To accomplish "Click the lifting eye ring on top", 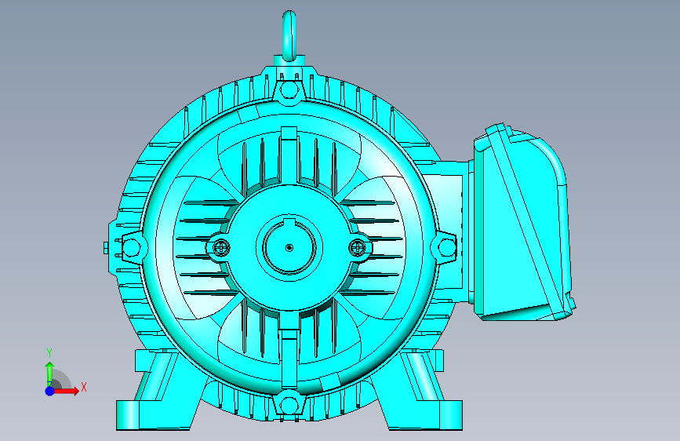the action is pyautogui.click(x=284, y=35).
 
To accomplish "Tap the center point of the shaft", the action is pyautogui.click(x=289, y=248).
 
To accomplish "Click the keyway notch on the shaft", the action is pyautogui.click(x=289, y=223).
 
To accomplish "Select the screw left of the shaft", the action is pyautogui.click(x=222, y=248).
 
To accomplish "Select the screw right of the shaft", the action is pyautogui.click(x=358, y=248).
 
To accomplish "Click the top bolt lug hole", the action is pyautogui.click(x=289, y=91).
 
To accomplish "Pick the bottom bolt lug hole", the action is pyautogui.click(x=289, y=405).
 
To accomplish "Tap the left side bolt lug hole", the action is pyautogui.click(x=130, y=248).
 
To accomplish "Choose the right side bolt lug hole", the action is pyautogui.click(x=446, y=248).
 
